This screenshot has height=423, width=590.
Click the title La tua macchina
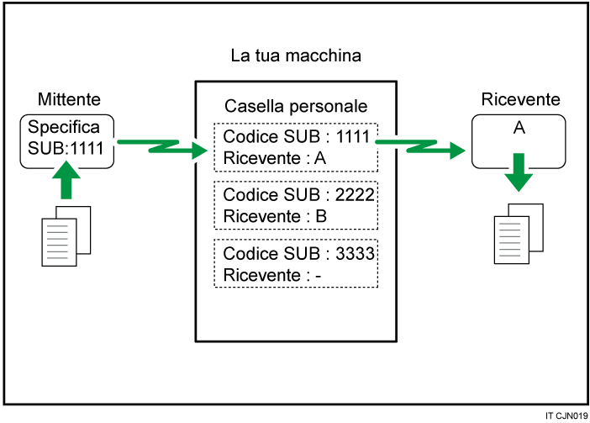click(x=296, y=56)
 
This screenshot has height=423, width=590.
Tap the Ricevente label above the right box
click(x=521, y=99)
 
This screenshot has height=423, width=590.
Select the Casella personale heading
click(x=295, y=107)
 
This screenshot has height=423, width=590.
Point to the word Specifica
click(x=64, y=128)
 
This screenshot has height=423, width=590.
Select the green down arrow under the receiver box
click(x=519, y=172)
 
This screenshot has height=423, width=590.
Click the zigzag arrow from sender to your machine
click(x=162, y=147)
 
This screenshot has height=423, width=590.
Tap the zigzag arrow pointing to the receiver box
click(x=420, y=147)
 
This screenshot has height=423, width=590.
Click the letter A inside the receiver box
click(x=519, y=129)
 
